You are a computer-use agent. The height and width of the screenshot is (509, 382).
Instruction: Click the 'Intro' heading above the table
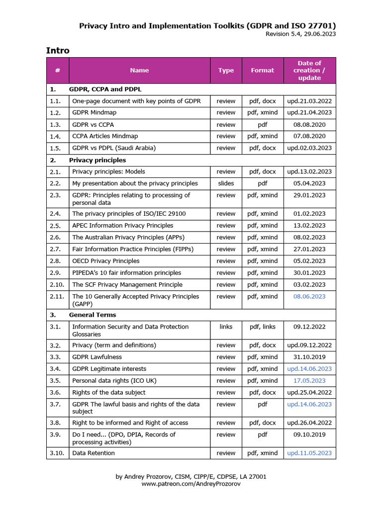click(58, 50)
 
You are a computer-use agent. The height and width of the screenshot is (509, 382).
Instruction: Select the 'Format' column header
click(262, 70)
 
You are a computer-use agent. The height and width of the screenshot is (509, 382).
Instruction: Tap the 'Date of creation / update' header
click(309, 70)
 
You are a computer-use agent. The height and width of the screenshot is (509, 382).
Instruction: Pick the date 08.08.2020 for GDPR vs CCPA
click(309, 125)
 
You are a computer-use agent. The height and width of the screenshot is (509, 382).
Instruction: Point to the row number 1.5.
click(55, 148)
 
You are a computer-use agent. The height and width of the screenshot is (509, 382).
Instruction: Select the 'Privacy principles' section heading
click(97, 160)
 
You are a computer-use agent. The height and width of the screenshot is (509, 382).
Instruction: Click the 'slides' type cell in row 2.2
click(226, 183)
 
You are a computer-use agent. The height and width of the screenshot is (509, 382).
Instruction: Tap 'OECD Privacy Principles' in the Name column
click(105, 261)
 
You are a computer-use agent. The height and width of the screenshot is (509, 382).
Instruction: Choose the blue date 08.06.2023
click(309, 296)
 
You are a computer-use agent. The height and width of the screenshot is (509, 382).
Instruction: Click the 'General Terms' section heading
click(93, 315)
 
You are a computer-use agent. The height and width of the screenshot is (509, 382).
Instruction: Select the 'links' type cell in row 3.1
click(226, 327)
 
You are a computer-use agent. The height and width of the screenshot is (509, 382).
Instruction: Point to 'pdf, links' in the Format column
click(262, 327)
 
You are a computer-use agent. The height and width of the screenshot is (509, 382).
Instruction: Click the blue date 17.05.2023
click(309, 381)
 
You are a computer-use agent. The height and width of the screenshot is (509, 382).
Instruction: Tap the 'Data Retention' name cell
click(94, 453)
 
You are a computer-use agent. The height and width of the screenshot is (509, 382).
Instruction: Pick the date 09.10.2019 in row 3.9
click(309, 434)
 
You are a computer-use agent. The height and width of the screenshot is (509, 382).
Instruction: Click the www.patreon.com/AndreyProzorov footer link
click(191, 484)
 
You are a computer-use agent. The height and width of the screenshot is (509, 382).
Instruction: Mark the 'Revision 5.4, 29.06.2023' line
click(300, 34)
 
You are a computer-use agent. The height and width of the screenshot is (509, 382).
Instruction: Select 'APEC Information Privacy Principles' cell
click(122, 226)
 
